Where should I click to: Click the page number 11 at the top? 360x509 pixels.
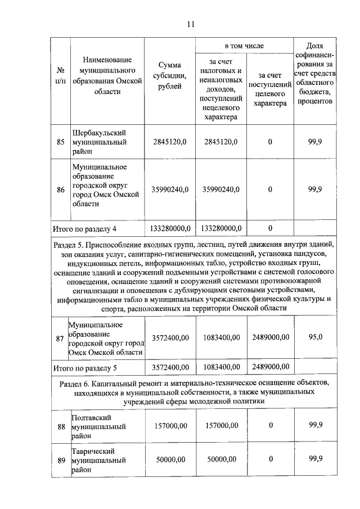[190, 24]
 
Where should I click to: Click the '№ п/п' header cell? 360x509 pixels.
[60, 77]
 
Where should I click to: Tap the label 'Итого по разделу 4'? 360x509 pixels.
[84, 228]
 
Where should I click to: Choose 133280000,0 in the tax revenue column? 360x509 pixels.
[222, 228]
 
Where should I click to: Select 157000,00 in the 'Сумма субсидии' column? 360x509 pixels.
[170, 426]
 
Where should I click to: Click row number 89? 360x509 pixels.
[60, 460]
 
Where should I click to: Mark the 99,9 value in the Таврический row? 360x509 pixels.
[316, 459]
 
